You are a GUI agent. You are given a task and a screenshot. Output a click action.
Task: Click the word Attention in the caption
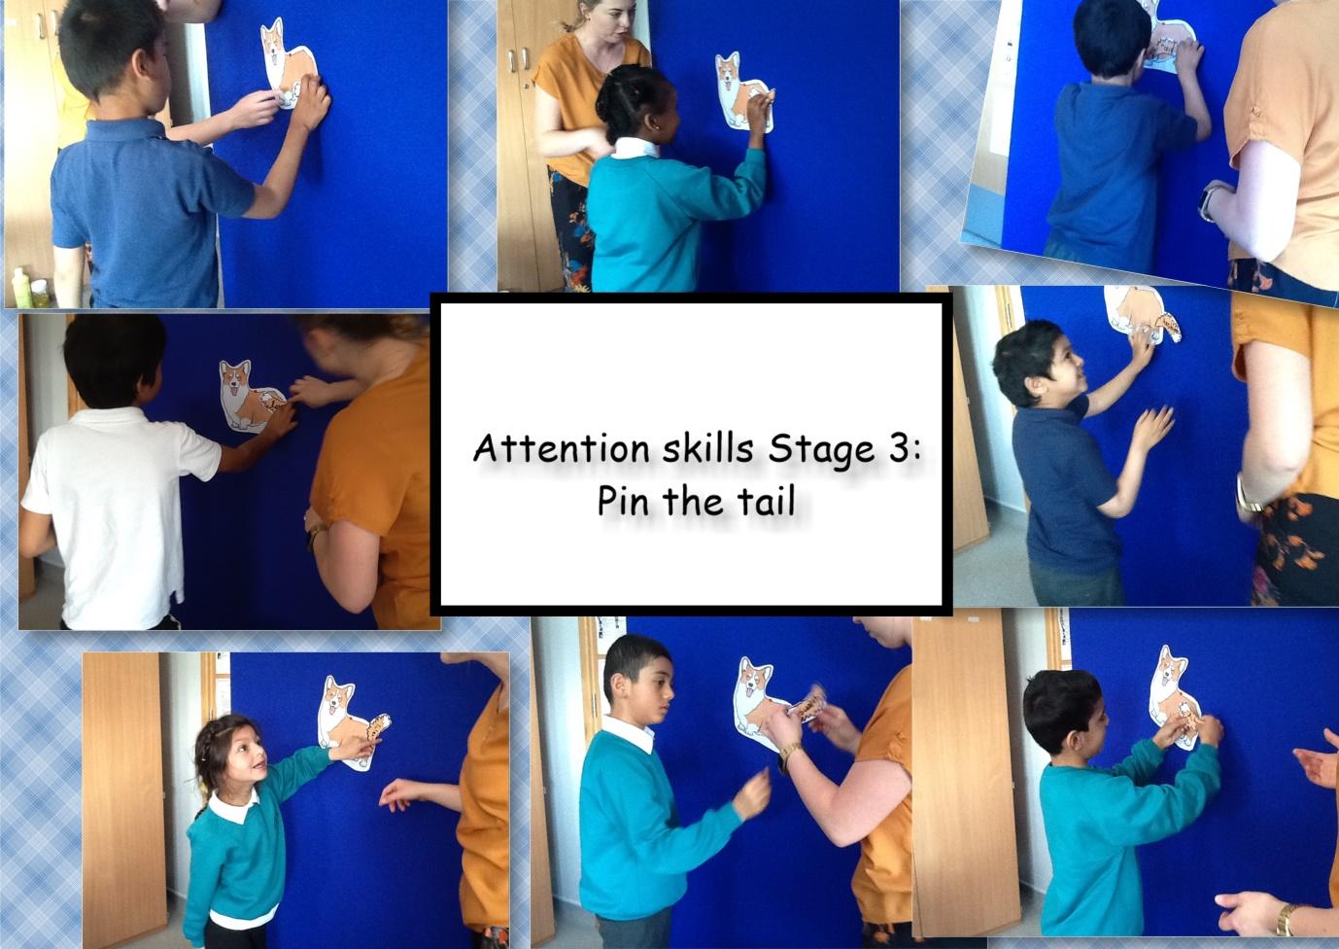coord(562,447)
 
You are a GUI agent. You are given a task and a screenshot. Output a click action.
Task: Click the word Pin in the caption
coord(624,501)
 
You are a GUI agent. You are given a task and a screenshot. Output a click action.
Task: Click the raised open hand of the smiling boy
coord(1151,427)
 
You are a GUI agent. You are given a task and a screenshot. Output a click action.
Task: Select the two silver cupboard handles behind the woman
coord(518,59)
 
